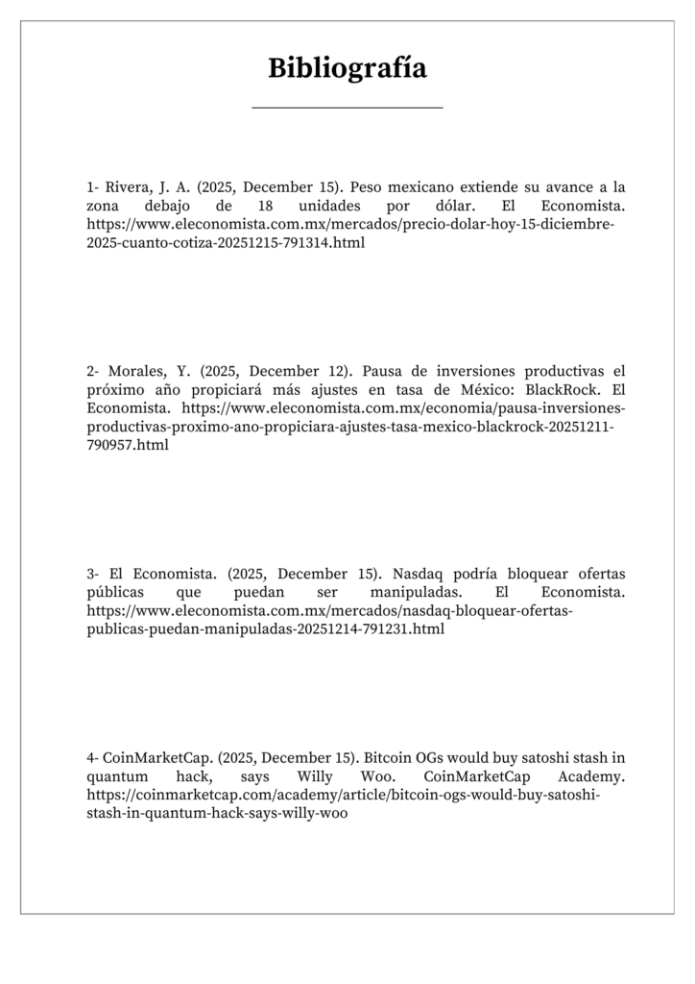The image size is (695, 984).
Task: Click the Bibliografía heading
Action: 347,68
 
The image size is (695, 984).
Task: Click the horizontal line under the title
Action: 347,108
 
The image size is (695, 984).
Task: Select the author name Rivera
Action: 127,187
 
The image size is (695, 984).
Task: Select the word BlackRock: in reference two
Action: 563,389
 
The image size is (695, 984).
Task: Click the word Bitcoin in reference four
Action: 389,756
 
